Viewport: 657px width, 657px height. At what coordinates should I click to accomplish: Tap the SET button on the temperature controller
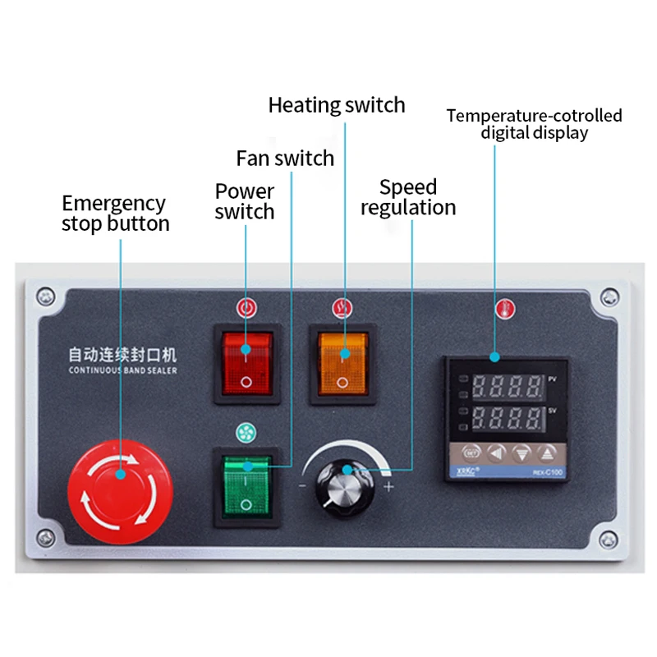click(x=471, y=453)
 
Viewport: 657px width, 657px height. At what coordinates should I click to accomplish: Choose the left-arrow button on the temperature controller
click(x=496, y=453)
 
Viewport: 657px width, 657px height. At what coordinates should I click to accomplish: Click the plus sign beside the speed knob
click(x=388, y=487)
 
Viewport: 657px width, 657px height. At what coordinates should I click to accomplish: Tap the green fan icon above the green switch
click(x=243, y=432)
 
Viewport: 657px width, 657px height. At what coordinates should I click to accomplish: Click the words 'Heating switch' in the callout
click(x=337, y=105)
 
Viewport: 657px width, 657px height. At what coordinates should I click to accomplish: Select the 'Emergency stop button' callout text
click(x=115, y=214)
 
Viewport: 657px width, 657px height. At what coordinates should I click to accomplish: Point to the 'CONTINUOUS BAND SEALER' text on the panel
click(x=122, y=370)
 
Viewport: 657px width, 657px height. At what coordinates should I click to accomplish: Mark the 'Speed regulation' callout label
click(x=408, y=197)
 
